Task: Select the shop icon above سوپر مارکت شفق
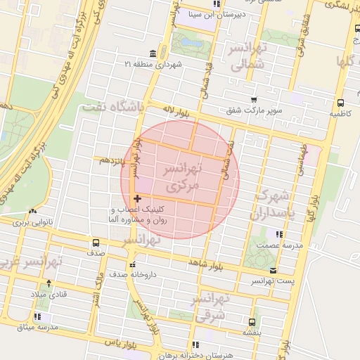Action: (x=253, y=100)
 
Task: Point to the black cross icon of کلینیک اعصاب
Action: (x=137, y=199)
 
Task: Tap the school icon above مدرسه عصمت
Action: (x=280, y=234)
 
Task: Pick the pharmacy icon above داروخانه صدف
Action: (x=132, y=265)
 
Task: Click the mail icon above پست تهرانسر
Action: (x=273, y=271)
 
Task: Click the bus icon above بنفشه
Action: (x=251, y=321)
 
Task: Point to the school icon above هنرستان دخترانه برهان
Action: (x=195, y=345)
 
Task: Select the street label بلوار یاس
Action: (x=118, y=342)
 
